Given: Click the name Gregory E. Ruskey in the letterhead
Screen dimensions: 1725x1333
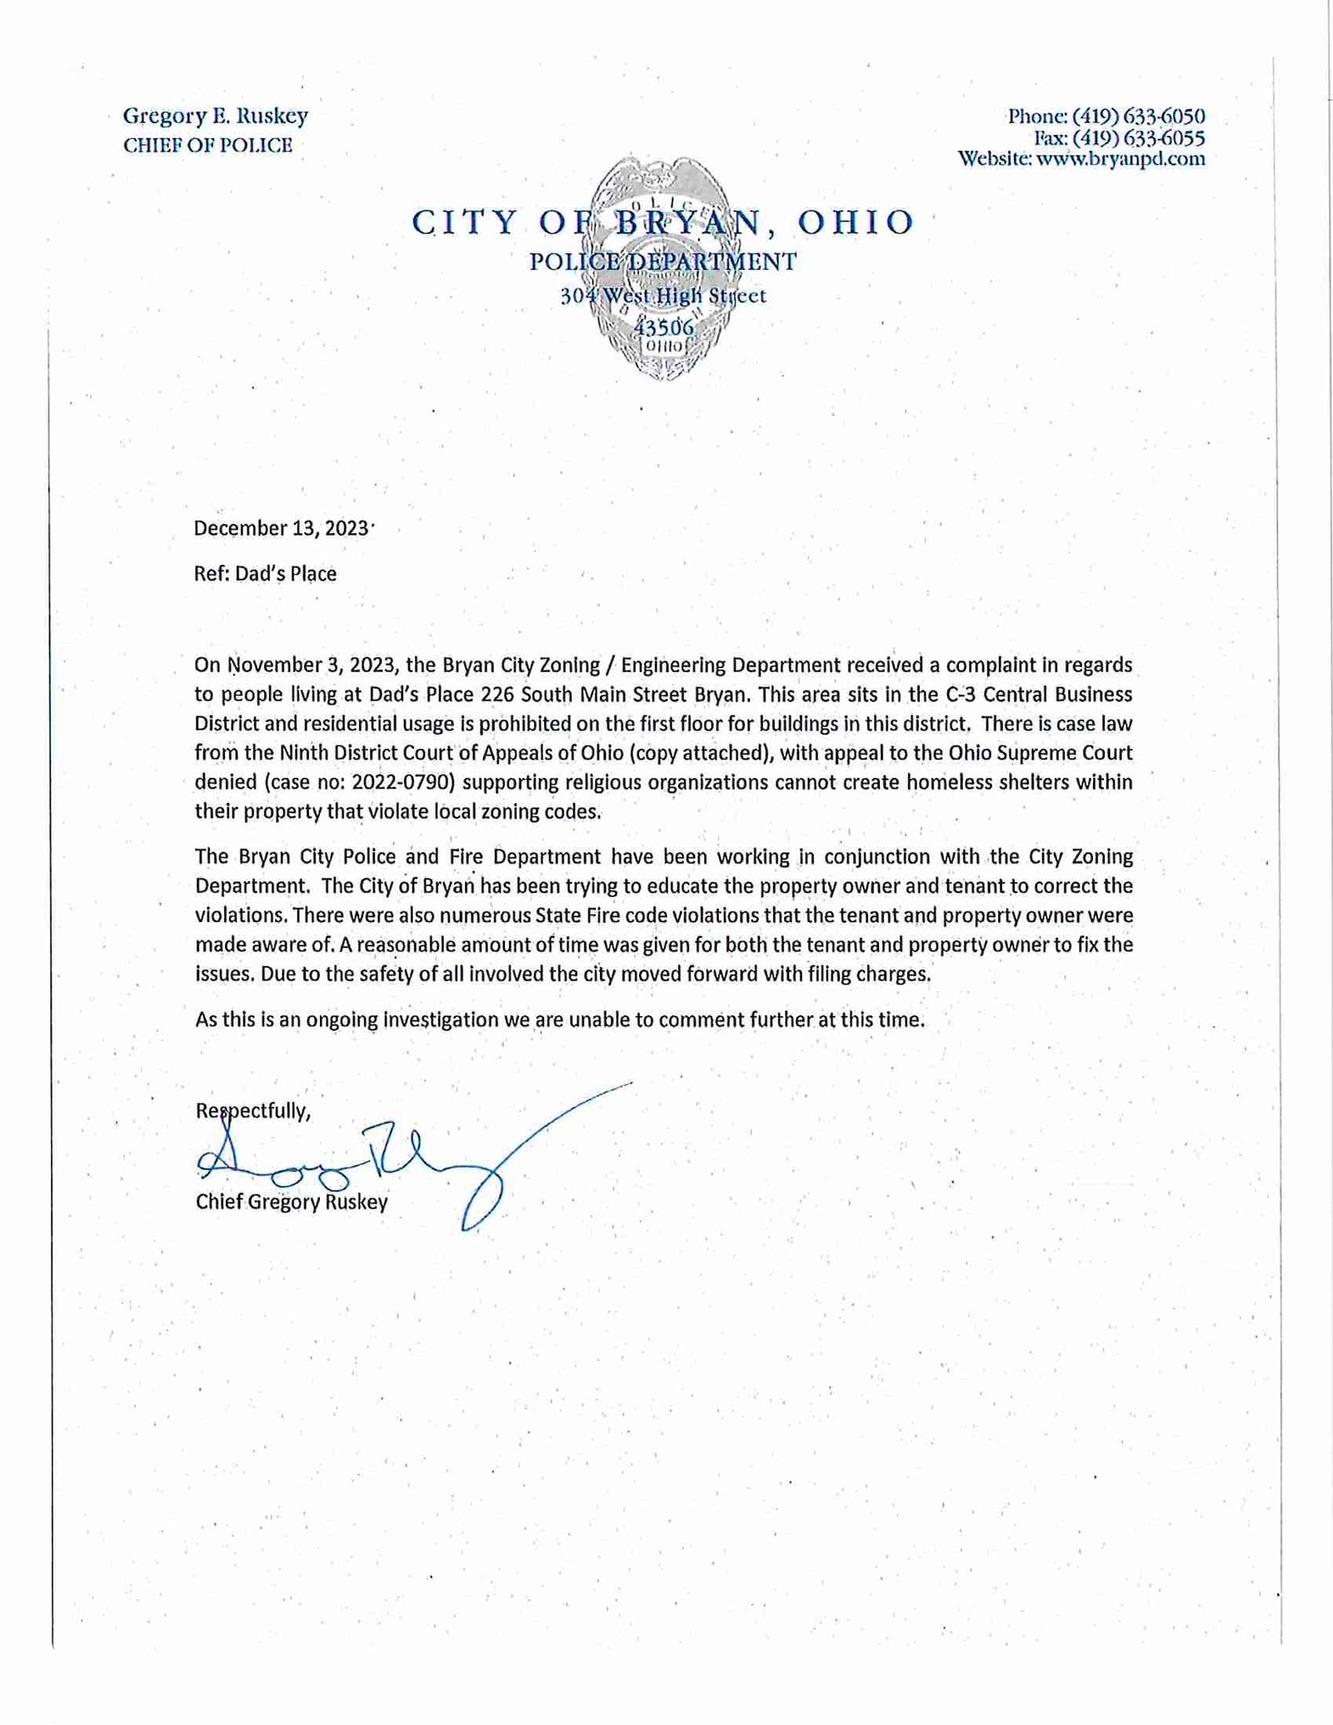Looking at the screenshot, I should (216, 116).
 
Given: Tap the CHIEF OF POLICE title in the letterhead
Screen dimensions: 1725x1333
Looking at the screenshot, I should (207, 146).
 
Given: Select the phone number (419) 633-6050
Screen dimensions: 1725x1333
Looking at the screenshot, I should (1138, 116).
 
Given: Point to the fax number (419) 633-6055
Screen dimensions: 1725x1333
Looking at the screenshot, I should (1138, 137).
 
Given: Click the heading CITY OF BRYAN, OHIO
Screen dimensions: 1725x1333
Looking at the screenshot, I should (663, 222).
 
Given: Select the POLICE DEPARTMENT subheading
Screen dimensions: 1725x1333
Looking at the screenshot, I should (663, 262).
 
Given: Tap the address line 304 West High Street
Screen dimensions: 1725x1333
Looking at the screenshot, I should (663, 296).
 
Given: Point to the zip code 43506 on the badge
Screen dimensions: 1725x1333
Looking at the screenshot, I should (663, 327).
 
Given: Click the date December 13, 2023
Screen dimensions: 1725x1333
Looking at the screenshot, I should (281, 528).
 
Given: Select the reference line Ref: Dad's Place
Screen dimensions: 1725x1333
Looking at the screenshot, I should (265, 574).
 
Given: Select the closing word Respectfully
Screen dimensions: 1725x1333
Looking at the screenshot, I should (252, 1110).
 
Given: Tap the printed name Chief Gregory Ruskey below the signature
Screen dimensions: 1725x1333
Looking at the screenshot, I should (292, 1202).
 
